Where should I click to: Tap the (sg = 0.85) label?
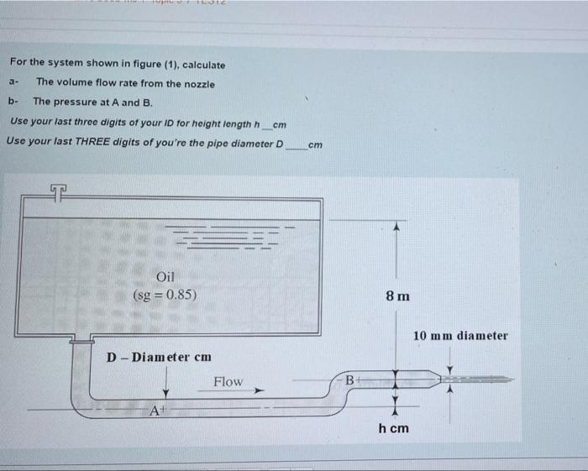[165, 295]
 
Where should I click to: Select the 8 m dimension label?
[398, 296]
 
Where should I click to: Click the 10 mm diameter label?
[460, 336]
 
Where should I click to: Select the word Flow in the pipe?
[228, 382]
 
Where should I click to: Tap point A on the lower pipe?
[155, 411]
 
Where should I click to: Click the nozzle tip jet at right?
[487, 379]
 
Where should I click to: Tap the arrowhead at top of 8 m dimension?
[394, 228]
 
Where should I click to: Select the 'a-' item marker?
[13, 83]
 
